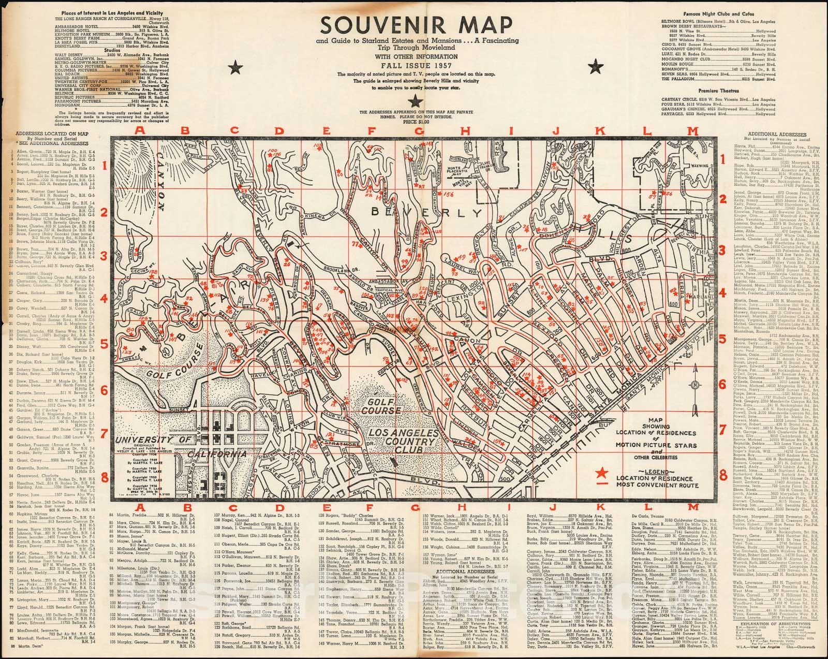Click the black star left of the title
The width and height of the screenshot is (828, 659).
(x=238, y=65)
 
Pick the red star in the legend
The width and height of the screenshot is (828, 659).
(x=602, y=473)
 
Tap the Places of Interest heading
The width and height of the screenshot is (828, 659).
(x=112, y=12)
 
